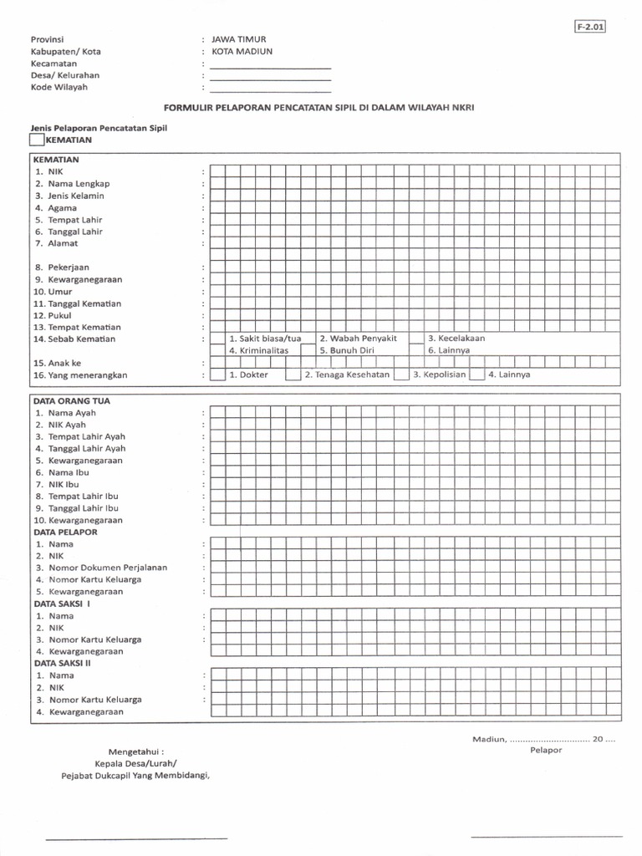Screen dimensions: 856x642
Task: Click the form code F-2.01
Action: pyautogui.click(x=589, y=27)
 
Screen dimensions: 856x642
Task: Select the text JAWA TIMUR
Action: pyautogui.click(x=239, y=39)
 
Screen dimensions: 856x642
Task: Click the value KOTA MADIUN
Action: pyautogui.click(x=242, y=51)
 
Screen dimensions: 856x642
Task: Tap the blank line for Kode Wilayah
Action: pyautogui.click(x=270, y=88)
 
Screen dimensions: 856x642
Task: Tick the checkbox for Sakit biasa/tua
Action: pyautogui.click(x=217, y=339)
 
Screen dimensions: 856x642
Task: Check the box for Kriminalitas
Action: pyautogui.click(x=217, y=351)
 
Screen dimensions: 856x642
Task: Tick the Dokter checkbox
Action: pyautogui.click(x=217, y=375)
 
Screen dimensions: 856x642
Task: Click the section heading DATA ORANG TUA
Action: pyautogui.click(x=72, y=400)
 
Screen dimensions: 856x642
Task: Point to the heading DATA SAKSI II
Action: pyautogui.click(x=63, y=663)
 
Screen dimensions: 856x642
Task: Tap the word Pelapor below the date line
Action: pyautogui.click(x=546, y=750)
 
